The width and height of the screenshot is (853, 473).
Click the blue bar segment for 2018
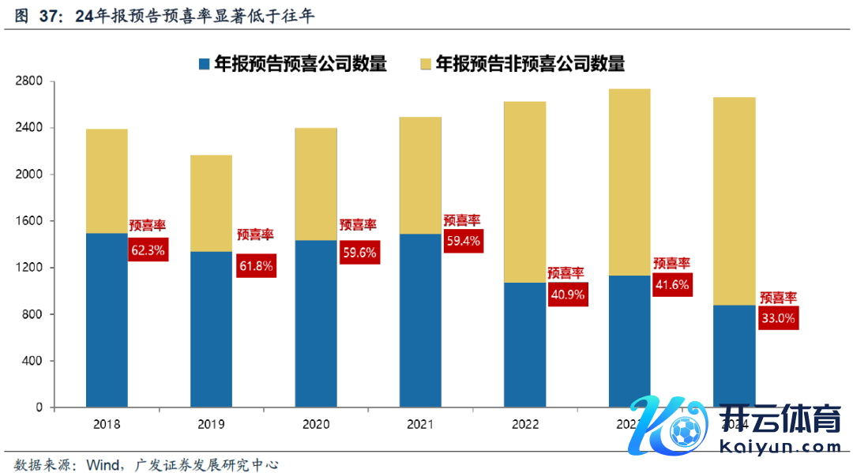click(x=107, y=320)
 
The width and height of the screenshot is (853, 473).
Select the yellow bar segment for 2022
click(x=524, y=192)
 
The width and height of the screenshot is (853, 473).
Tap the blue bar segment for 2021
click(x=420, y=320)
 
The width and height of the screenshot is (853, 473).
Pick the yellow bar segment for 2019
click(x=211, y=203)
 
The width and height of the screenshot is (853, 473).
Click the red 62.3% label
click(x=148, y=250)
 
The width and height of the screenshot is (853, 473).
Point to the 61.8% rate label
click(x=256, y=266)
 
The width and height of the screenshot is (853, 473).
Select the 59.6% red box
click(x=359, y=253)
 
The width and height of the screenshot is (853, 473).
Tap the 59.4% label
click(x=464, y=242)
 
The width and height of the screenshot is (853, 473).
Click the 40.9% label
click(x=567, y=295)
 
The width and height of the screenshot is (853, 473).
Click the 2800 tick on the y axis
click(x=30, y=81)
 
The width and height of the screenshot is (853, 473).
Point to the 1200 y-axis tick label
click(x=30, y=268)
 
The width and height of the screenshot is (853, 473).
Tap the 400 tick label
click(x=33, y=361)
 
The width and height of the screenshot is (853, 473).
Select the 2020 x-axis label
click(x=315, y=425)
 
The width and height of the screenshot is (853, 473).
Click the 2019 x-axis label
click(x=211, y=425)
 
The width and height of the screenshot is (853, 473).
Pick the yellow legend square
click(x=426, y=64)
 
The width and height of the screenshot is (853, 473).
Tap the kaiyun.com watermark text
click(x=781, y=448)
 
